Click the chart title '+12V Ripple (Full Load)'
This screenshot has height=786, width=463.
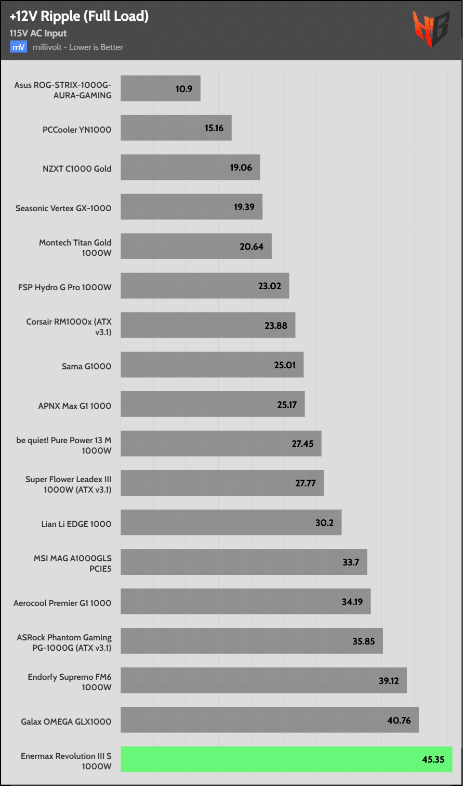tap(79, 17)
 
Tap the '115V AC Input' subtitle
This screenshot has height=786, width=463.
tap(38, 33)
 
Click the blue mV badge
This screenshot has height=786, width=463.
tap(18, 47)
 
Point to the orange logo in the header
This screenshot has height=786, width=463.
tap(431, 30)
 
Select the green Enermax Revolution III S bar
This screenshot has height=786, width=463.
tap(286, 759)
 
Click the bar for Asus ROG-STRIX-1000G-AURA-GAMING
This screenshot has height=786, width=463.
tap(161, 89)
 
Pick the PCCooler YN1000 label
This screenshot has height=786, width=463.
tap(77, 130)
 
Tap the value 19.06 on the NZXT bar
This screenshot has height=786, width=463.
tap(241, 167)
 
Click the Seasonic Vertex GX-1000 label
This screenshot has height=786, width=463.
tap(63, 208)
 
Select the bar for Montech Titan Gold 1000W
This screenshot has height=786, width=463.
tap(196, 247)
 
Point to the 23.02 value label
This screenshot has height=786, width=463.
tap(269, 286)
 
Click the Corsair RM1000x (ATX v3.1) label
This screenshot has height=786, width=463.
tap(69, 326)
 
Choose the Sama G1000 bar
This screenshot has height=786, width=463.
tap(212, 365)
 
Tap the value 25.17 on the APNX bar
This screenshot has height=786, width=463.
tap(286, 404)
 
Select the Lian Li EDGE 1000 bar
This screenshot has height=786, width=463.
tap(231, 522)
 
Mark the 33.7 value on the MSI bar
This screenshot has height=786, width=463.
tap(351, 562)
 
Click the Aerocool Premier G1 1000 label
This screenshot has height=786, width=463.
tap(62, 603)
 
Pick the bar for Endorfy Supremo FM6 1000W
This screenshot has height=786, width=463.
tap(263, 680)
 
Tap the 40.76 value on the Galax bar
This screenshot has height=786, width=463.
tap(399, 720)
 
